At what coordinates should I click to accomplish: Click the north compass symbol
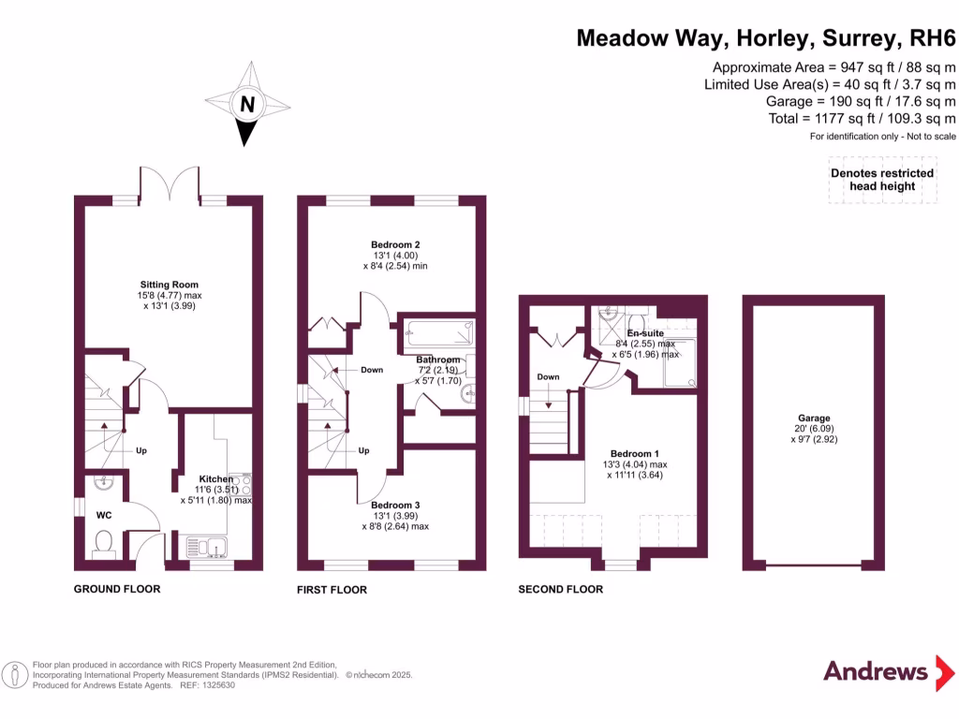[247, 104]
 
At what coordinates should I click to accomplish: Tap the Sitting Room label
[170, 285]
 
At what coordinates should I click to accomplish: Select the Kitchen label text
[215, 479]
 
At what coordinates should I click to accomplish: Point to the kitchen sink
[207, 546]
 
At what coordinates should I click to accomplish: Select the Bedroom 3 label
[396, 506]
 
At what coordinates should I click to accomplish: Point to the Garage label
[814, 418]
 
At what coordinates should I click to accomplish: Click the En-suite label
[645, 333]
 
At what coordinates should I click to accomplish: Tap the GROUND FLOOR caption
[117, 589]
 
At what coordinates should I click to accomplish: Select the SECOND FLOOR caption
[561, 589]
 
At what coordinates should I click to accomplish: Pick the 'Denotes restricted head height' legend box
[882, 181]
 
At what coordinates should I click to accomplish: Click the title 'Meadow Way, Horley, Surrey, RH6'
[765, 38]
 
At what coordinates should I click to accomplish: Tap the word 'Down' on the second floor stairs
[548, 377]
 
